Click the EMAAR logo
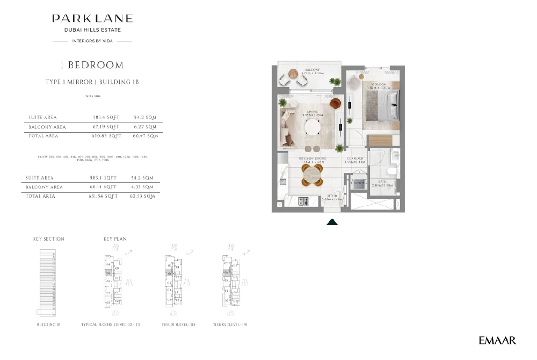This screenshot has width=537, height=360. coord(497,340)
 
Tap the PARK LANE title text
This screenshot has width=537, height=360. coord(92,19)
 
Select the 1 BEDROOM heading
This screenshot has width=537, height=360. coord(92,65)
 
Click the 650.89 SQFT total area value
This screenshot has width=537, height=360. coord(106,136)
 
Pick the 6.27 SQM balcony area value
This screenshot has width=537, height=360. coord(143,127)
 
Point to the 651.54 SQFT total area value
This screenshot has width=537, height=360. coord(104,197)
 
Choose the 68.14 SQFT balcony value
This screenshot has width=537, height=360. coord(104,187)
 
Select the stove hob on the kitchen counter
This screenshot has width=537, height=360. coord(303,201)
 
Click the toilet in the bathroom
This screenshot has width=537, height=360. coord(391,171)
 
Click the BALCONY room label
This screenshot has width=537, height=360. coord(313,70)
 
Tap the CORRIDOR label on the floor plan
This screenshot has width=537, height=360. coord(355,159)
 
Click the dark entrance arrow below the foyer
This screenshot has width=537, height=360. coord(332,221)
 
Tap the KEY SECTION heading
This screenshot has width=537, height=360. coord(49,239)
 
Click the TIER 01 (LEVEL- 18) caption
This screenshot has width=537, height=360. coord(178,325)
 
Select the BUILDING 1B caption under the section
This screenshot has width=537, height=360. coord(47,325)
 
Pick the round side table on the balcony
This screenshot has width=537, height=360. coord(293,74)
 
